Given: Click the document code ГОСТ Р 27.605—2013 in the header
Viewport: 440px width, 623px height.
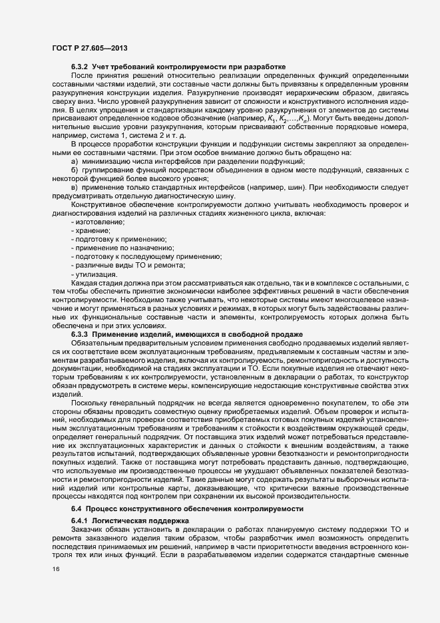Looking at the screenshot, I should (90, 48).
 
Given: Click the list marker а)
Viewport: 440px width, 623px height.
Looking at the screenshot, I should (74, 180).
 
